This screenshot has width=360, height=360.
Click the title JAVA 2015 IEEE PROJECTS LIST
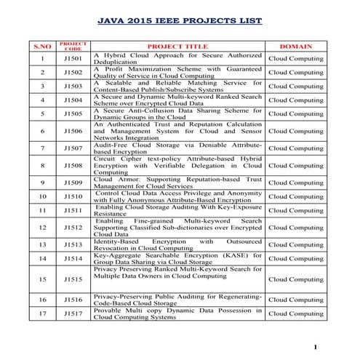(x=179, y=22)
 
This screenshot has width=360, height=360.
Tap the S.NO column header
(x=43, y=46)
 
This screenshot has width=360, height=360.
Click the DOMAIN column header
(x=297, y=46)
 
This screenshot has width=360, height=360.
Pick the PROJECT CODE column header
(x=73, y=46)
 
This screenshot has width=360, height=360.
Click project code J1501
(x=73, y=58)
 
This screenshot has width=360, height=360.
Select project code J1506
(x=73, y=131)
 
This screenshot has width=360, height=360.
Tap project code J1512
(x=73, y=228)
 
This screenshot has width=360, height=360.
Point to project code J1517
(x=73, y=313)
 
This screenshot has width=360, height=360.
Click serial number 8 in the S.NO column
(x=43, y=165)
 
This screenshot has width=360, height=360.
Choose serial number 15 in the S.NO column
(x=43, y=279)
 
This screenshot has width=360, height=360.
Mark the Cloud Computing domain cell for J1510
(x=297, y=196)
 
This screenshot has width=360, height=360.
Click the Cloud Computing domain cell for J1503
(x=297, y=86)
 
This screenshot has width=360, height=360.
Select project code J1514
(x=73, y=258)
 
